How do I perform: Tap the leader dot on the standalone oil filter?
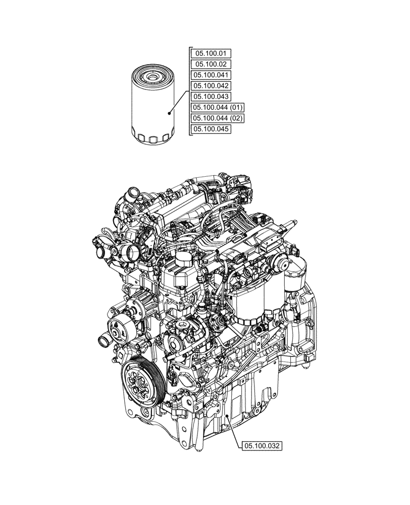(169, 114)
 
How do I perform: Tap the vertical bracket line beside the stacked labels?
(189, 91)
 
